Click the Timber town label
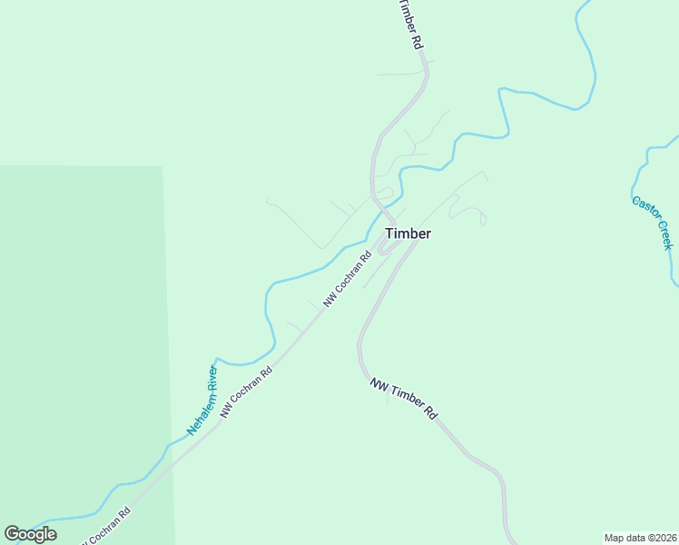coord(408,233)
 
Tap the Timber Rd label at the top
coord(410,25)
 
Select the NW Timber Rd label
coord(404,399)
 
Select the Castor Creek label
coord(653,222)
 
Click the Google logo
coord(30,534)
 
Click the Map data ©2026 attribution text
coord(640,537)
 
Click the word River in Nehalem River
coord(212,377)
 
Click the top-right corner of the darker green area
coord(162,167)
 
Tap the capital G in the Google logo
coord(12,534)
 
